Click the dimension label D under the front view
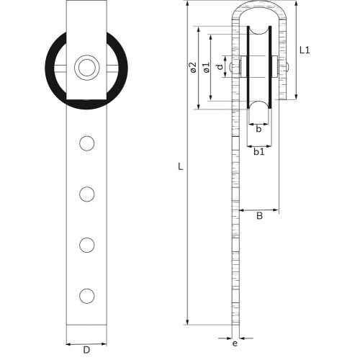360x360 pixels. [86, 350]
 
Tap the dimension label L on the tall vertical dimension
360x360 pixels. [181, 166]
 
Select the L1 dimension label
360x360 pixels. [305, 50]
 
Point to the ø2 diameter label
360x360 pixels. [193, 68]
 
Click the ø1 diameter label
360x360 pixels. [206, 68]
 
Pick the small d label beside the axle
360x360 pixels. [220, 67]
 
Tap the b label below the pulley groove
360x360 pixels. [258, 129]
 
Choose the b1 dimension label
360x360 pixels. [259, 152]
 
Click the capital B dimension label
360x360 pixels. [259, 216]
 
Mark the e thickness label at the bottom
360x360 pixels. [235, 343]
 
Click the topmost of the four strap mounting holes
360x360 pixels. [87, 143]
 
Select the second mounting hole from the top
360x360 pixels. [87, 194]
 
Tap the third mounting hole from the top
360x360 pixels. [87, 245]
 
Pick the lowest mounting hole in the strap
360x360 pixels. [87, 296]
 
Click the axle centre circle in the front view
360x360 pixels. [87, 68]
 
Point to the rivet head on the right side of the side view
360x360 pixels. [287, 67]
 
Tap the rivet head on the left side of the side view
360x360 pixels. [231, 67]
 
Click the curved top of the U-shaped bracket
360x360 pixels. [259, 5]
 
